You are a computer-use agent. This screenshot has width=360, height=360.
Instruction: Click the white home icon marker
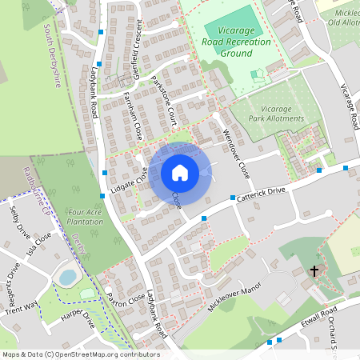click(180, 172)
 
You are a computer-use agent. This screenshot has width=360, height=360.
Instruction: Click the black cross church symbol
click(314, 271)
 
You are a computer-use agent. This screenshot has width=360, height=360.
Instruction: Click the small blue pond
click(68, 277)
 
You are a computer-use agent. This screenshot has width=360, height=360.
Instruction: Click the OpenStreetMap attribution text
click(80, 354)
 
